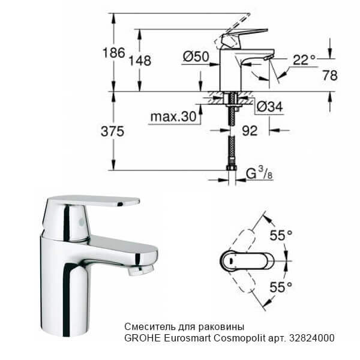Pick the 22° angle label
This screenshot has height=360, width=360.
pyautogui.click(x=304, y=59)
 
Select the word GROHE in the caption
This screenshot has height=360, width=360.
pyautogui.click(x=141, y=338)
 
